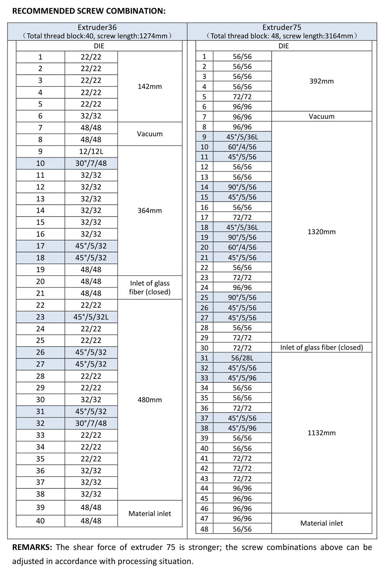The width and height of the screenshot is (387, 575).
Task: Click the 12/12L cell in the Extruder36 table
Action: [x=91, y=152]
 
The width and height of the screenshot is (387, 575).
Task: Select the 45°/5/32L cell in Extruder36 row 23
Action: [x=91, y=317]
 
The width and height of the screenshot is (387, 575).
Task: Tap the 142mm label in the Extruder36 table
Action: [x=150, y=87]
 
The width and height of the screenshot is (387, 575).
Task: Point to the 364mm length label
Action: [x=150, y=211]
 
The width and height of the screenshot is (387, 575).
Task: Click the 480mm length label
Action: [x=150, y=400]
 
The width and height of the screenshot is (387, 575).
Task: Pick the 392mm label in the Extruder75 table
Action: [x=322, y=81]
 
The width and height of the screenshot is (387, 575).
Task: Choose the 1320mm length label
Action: [x=322, y=232]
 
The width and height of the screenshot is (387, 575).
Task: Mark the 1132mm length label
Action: [x=322, y=433]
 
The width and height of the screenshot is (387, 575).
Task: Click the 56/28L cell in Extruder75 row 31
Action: [x=242, y=358]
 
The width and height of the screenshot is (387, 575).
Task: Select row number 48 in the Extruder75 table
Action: [x=204, y=529]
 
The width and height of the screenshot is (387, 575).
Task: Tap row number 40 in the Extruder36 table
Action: [x=40, y=521]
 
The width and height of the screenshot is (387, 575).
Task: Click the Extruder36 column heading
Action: [x=97, y=27]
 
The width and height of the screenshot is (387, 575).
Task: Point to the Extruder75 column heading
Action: [x=282, y=27]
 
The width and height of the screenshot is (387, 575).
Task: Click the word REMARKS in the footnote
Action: [x=32, y=547]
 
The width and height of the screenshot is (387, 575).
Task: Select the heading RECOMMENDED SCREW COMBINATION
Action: [x=89, y=11]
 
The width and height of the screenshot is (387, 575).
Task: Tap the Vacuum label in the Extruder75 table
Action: [x=322, y=116]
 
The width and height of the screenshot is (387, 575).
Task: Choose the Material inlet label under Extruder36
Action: [x=150, y=514]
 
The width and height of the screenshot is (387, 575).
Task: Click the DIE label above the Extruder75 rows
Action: [x=284, y=46]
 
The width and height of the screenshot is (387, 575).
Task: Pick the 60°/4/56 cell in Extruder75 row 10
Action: [x=242, y=147]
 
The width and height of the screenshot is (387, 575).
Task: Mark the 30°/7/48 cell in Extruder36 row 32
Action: [x=91, y=423]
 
